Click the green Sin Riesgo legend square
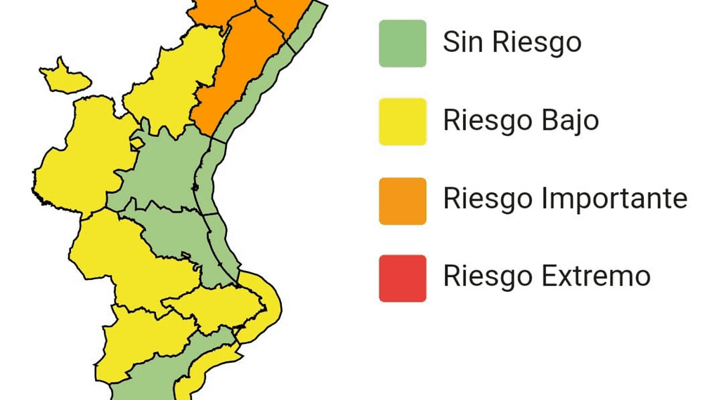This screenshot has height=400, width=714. point(402,44)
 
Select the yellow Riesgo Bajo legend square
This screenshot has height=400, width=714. point(402,121)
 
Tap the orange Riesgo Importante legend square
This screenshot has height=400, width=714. point(402,201)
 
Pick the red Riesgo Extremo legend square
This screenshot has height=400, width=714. point(402,278)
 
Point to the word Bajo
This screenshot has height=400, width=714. point(570,121)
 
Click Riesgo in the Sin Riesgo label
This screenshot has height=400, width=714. point(537,44)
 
